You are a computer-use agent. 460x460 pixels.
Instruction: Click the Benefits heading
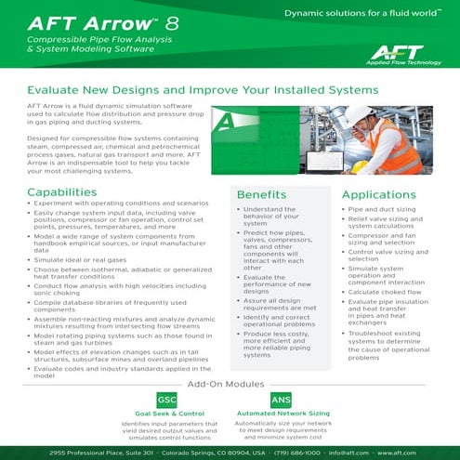[268, 196]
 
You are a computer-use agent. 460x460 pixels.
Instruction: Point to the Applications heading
[385, 195]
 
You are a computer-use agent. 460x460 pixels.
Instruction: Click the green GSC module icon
[167, 399]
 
